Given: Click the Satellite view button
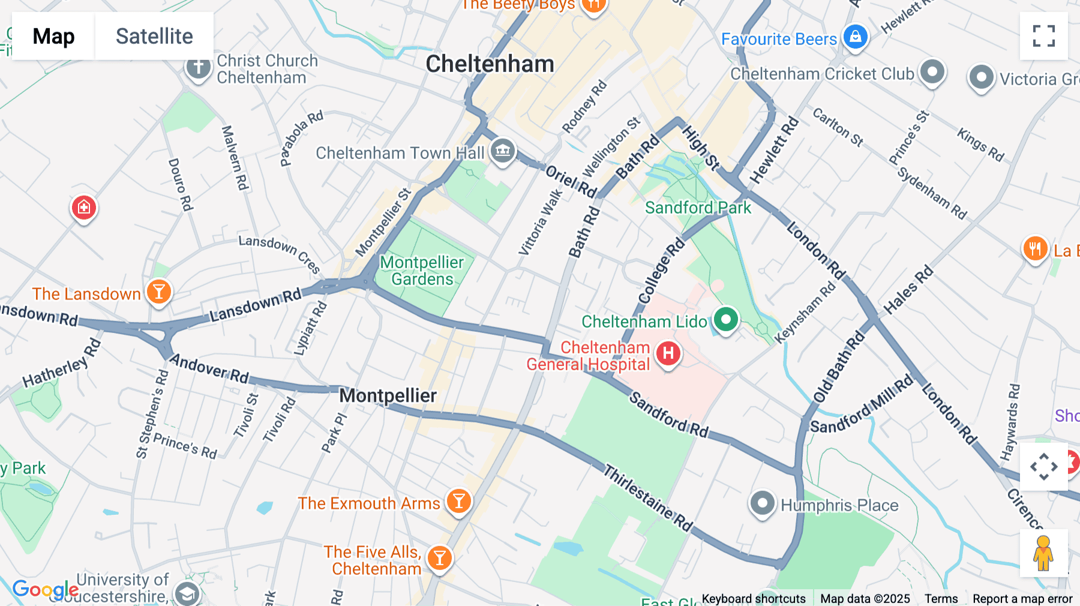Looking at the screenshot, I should pyautogui.click(x=154, y=36).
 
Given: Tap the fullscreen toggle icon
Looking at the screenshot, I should pyautogui.click(x=1043, y=36).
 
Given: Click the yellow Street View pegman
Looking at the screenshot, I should pyautogui.click(x=1043, y=553).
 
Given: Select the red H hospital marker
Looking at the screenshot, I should pyautogui.click(x=668, y=353).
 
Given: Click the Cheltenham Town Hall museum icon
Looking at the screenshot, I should pyautogui.click(x=503, y=151).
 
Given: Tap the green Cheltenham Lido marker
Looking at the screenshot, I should pyautogui.click(x=726, y=319).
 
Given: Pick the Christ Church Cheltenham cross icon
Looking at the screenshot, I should pyautogui.click(x=198, y=67).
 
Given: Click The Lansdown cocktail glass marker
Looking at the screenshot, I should pyautogui.click(x=159, y=292).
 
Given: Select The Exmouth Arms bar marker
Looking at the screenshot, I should pyautogui.click(x=459, y=501).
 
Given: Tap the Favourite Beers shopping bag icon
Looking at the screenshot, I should pyautogui.click(x=856, y=37).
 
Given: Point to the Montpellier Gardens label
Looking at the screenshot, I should pyautogui.click(x=422, y=271).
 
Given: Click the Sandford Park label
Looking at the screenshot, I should pyautogui.click(x=698, y=208).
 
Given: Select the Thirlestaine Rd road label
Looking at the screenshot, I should pyautogui.click(x=648, y=498).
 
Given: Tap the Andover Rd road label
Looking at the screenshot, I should pyautogui.click(x=209, y=368).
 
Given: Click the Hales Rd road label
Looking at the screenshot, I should pyautogui.click(x=908, y=290).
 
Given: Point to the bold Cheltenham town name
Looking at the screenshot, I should pyautogui.click(x=490, y=64).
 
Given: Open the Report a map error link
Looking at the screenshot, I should pyautogui.click(x=1022, y=599).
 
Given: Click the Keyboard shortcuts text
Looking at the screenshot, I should pyautogui.click(x=754, y=599).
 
